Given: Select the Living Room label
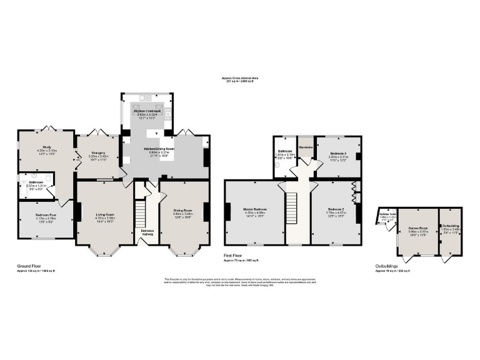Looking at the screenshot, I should click(104, 215).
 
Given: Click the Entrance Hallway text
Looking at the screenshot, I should click(147, 231).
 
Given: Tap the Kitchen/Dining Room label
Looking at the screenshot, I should click(159, 149).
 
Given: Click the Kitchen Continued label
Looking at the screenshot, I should click(148, 111).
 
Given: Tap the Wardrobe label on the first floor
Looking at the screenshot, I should click(306, 147).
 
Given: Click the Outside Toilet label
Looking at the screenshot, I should click(388, 214).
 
